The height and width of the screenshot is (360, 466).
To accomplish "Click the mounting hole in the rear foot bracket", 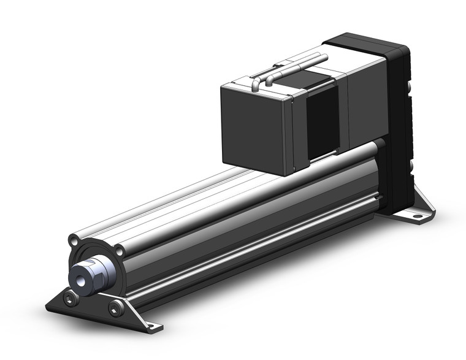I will pos(418,216).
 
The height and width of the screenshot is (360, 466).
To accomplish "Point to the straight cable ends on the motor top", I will pos(307,59).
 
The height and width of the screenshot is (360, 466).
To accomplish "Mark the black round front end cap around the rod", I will pos(101,258).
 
